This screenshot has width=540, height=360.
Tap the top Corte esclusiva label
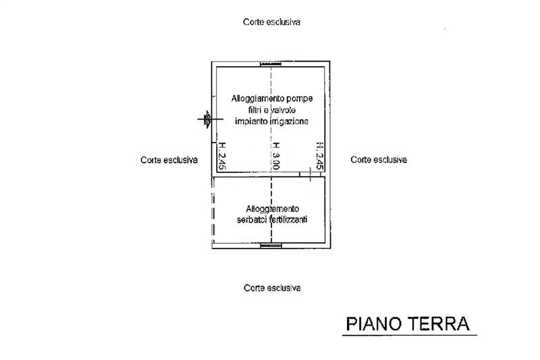pyautogui.click(x=271, y=22)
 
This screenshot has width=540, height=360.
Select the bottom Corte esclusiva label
pyautogui.click(x=271, y=288)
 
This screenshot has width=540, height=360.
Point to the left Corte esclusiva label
pyautogui.click(x=169, y=160)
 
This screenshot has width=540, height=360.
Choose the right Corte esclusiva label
pyautogui.click(x=379, y=160)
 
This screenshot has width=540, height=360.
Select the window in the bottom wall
pyautogui.click(x=271, y=246)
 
